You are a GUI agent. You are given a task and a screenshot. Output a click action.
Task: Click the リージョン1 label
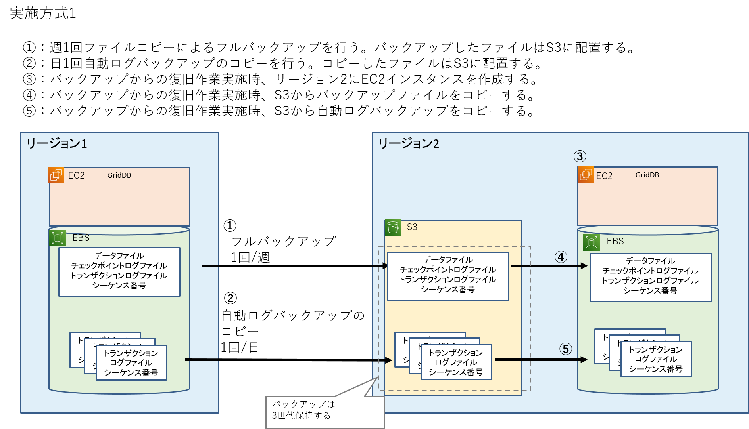56,143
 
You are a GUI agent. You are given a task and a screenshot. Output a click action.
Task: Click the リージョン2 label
409,143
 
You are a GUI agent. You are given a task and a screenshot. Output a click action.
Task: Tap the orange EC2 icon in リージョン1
56,175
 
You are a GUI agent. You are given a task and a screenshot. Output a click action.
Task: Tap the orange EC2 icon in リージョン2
586,175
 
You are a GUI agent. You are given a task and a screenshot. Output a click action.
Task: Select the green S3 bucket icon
393,227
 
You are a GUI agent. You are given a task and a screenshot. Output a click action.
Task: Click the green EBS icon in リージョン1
58,238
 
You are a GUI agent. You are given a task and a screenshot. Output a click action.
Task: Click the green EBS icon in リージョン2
591,242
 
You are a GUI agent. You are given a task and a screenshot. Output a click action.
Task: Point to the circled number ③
580,156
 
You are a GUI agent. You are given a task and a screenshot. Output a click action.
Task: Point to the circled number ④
561,257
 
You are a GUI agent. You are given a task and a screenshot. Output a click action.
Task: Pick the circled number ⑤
566,349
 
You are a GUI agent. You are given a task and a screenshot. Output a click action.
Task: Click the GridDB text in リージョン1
119,175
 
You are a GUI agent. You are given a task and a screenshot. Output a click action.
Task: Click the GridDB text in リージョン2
647,175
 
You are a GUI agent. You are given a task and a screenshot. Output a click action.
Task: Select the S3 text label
412,227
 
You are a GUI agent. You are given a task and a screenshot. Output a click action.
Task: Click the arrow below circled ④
549,266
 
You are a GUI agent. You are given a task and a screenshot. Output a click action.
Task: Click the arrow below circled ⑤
541,360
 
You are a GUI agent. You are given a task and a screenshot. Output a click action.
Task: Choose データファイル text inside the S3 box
448,260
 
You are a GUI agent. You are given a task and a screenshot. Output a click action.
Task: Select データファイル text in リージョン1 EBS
119,256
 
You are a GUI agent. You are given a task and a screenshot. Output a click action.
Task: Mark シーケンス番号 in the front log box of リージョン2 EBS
655,369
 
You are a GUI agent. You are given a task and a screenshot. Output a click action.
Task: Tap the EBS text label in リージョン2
615,241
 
